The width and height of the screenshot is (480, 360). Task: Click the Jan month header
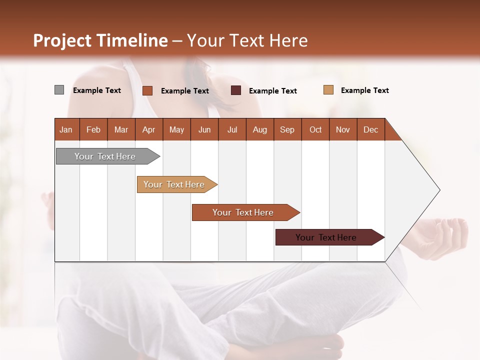(x=66, y=129)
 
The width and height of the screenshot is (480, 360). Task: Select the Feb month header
(x=93, y=129)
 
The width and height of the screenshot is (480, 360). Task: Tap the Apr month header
(x=148, y=129)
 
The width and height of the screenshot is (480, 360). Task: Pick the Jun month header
(x=204, y=129)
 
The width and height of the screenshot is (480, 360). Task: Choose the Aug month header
(x=259, y=129)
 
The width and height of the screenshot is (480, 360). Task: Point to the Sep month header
(x=287, y=129)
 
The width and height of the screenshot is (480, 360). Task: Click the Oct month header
(x=315, y=129)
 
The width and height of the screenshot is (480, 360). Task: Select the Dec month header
(x=370, y=129)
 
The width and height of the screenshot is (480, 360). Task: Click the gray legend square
(x=59, y=90)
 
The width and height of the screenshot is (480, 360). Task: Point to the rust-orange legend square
(x=147, y=90)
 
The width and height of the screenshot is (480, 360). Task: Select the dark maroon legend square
(x=235, y=90)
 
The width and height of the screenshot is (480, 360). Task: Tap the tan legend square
(x=328, y=90)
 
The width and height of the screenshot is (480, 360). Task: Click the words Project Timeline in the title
(x=100, y=40)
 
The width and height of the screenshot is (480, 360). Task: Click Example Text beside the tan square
(x=364, y=90)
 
